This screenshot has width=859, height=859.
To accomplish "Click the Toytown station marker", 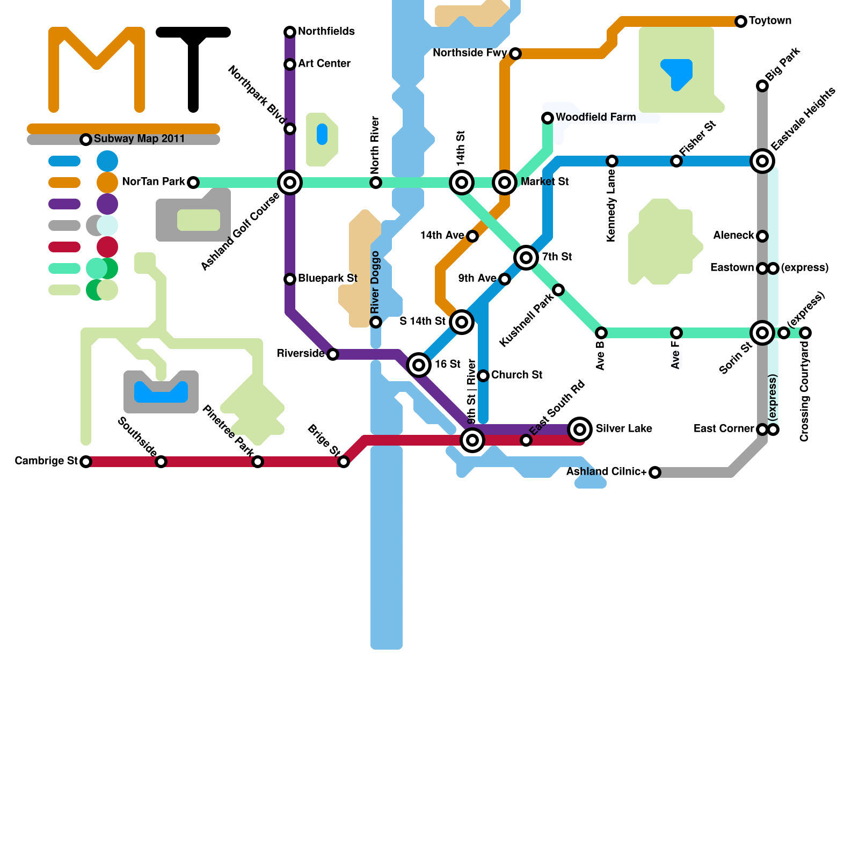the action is click(x=741, y=21).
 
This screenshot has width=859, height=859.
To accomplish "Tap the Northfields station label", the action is click(x=326, y=32).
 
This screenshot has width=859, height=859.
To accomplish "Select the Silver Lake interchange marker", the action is click(x=580, y=429).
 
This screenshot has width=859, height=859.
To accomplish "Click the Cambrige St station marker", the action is click(x=86, y=462).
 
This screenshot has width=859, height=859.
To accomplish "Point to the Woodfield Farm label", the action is click(x=595, y=117).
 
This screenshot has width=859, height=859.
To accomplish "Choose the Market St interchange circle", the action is click(x=505, y=183).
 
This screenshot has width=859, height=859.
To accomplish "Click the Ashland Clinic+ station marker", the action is click(x=655, y=472).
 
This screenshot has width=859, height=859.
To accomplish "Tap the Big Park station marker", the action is click(x=762, y=86).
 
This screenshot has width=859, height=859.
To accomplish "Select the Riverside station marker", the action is click(x=333, y=354).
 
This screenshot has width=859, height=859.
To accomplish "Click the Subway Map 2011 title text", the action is click(x=139, y=139).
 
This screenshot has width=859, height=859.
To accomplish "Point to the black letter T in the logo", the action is click(x=193, y=64).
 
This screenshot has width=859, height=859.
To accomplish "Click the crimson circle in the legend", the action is click(x=107, y=247).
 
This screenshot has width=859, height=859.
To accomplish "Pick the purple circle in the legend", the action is click(x=107, y=204).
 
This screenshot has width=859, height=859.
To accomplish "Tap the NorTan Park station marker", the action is click(x=193, y=183).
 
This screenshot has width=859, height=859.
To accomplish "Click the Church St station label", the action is click(x=516, y=375).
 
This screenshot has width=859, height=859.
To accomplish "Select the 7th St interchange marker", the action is click(x=526, y=258).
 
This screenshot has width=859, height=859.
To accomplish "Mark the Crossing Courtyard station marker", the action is click(x=805, y=333).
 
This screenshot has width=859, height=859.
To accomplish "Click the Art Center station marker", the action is click(x=290, y=64).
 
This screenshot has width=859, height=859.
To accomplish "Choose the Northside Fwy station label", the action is click(x=470, y=53).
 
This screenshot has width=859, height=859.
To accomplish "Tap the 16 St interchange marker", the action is click(x=419, y=365).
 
